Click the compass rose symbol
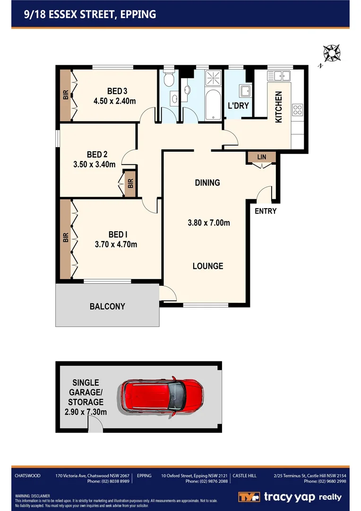[x=332, y=53]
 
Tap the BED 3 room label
[x=117, y=91]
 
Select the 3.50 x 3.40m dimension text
[x=95, y=165]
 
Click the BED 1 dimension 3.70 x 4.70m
[x=116, y=245]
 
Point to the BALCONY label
[x=107, y=307]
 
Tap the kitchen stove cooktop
[x=298, y=110]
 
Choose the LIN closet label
[x=261, y=157]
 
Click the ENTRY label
[x=265, y=211]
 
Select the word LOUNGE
[x=207, y=266]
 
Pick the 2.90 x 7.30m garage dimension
[x=86, y=412]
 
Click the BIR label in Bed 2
[x=129, y=182]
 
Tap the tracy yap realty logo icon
[x=248, y=497]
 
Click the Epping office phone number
[x=206, y=481]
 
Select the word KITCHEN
[x=279, y=107]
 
